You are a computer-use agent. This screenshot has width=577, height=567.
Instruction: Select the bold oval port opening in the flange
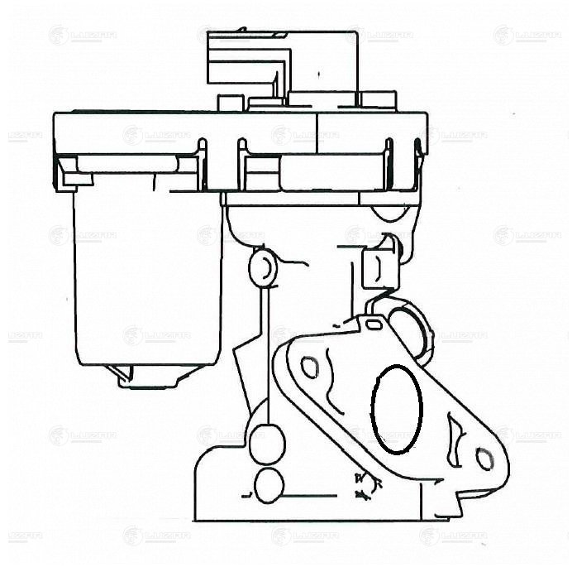click(397, 409)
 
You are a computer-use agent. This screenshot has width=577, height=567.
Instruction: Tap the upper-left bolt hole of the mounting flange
click(310, 366)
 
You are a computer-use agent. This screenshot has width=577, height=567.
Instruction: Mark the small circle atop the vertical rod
click(261, 267)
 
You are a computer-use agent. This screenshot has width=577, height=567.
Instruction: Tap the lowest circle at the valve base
click(269, 486)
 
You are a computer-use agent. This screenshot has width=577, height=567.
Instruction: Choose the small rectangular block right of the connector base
click(379, 101)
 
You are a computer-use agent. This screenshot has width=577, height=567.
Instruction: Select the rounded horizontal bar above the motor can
click(128, 164)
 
